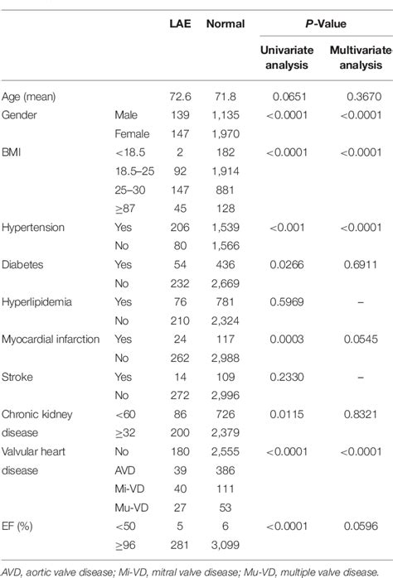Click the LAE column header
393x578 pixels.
point(178,24)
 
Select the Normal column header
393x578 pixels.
point(225,24)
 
